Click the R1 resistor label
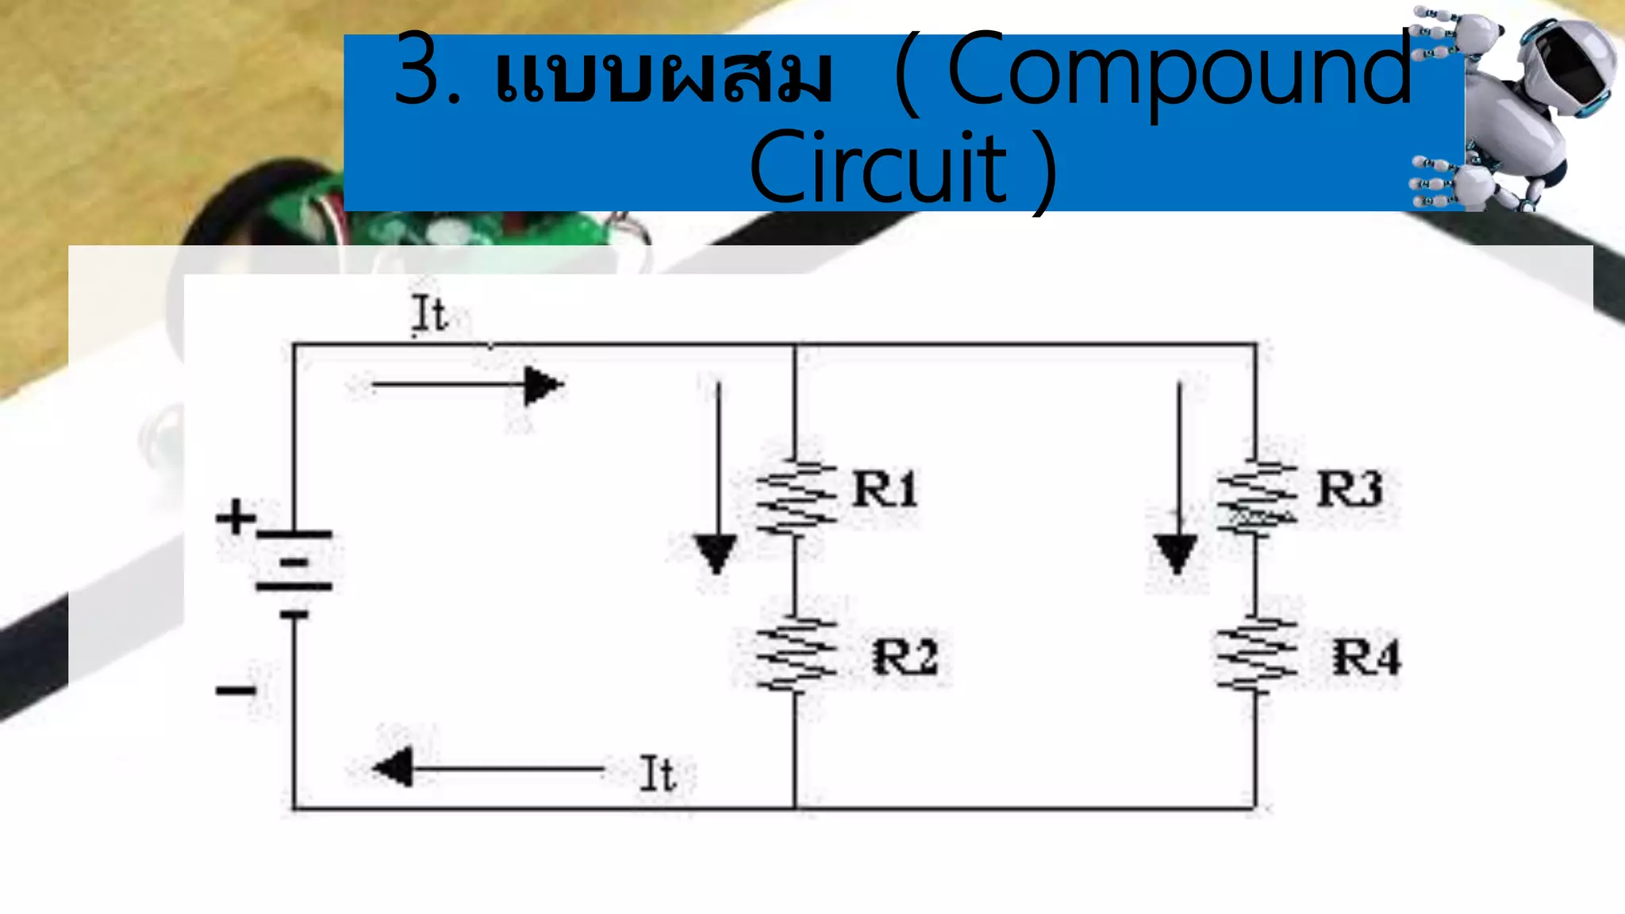[x=884, y=488]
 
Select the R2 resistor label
[x=905, y=657]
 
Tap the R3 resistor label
[x=1349, y=488]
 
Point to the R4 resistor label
[x=1366, y=658]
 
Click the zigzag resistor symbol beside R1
[x=795, y=497]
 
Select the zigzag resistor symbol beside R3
[x=1256, y=497]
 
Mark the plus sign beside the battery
[x=236, y=517]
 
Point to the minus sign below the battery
[x=236, y=690]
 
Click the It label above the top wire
[x=429, y=313]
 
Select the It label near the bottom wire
[x=657, y=774]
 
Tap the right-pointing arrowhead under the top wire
[x=543, y=386]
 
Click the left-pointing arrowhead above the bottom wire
[x=394, y=767]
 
